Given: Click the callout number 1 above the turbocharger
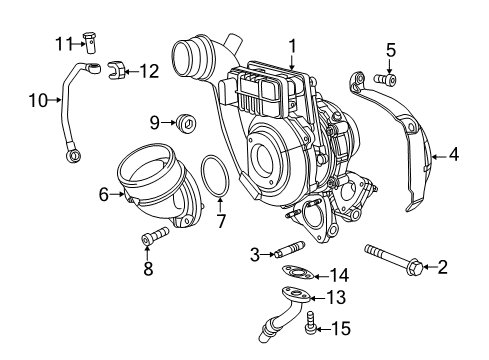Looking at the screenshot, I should (292, 45).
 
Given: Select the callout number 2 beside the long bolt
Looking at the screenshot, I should (443, 266).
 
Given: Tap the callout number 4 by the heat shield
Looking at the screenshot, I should (454, 155).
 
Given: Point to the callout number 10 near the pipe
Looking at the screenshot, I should (36, 100).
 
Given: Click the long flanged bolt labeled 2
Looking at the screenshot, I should (394, 257).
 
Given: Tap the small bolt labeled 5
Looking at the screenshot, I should (385, 77).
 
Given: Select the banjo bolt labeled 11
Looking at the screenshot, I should (91, 43).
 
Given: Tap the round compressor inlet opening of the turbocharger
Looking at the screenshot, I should (266, 157).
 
